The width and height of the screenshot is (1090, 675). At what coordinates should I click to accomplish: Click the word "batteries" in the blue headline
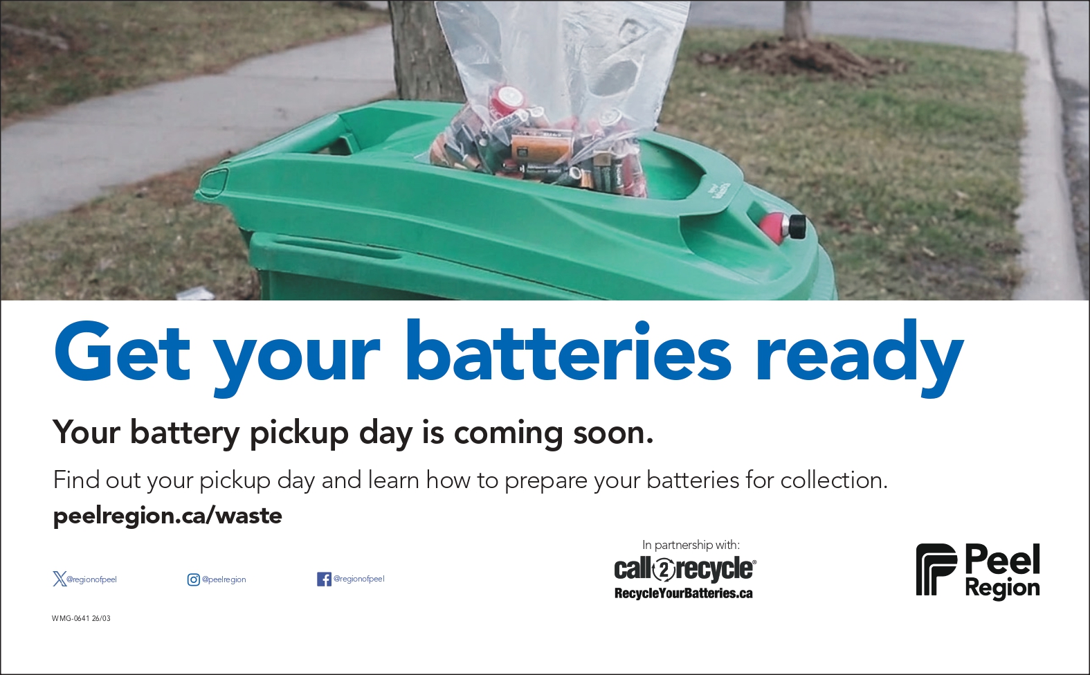[x=568, y=350]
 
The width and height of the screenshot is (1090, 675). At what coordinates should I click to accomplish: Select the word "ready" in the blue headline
[x=860, y=358]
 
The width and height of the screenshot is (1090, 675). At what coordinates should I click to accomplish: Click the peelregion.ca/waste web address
[x=167, y=516]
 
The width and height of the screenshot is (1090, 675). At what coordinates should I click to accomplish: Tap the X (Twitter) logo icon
[x=60, y=579]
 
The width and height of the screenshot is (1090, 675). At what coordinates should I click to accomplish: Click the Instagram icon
[x=194, y=579]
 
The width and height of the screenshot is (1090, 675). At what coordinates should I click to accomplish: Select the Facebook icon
[x=324, y=579]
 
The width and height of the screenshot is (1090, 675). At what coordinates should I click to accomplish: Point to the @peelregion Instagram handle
[x=224, y=579]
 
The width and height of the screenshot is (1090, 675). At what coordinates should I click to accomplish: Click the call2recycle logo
[x=685, y=569]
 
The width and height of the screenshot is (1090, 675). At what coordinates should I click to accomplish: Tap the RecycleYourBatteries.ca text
[x=684, y=593]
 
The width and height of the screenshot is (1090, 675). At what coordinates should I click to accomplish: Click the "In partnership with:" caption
[x=691, y=545]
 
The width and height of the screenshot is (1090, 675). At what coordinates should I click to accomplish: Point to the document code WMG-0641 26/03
[x=81, y=618]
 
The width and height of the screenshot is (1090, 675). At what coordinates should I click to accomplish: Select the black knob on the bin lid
[x=797, y=227]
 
